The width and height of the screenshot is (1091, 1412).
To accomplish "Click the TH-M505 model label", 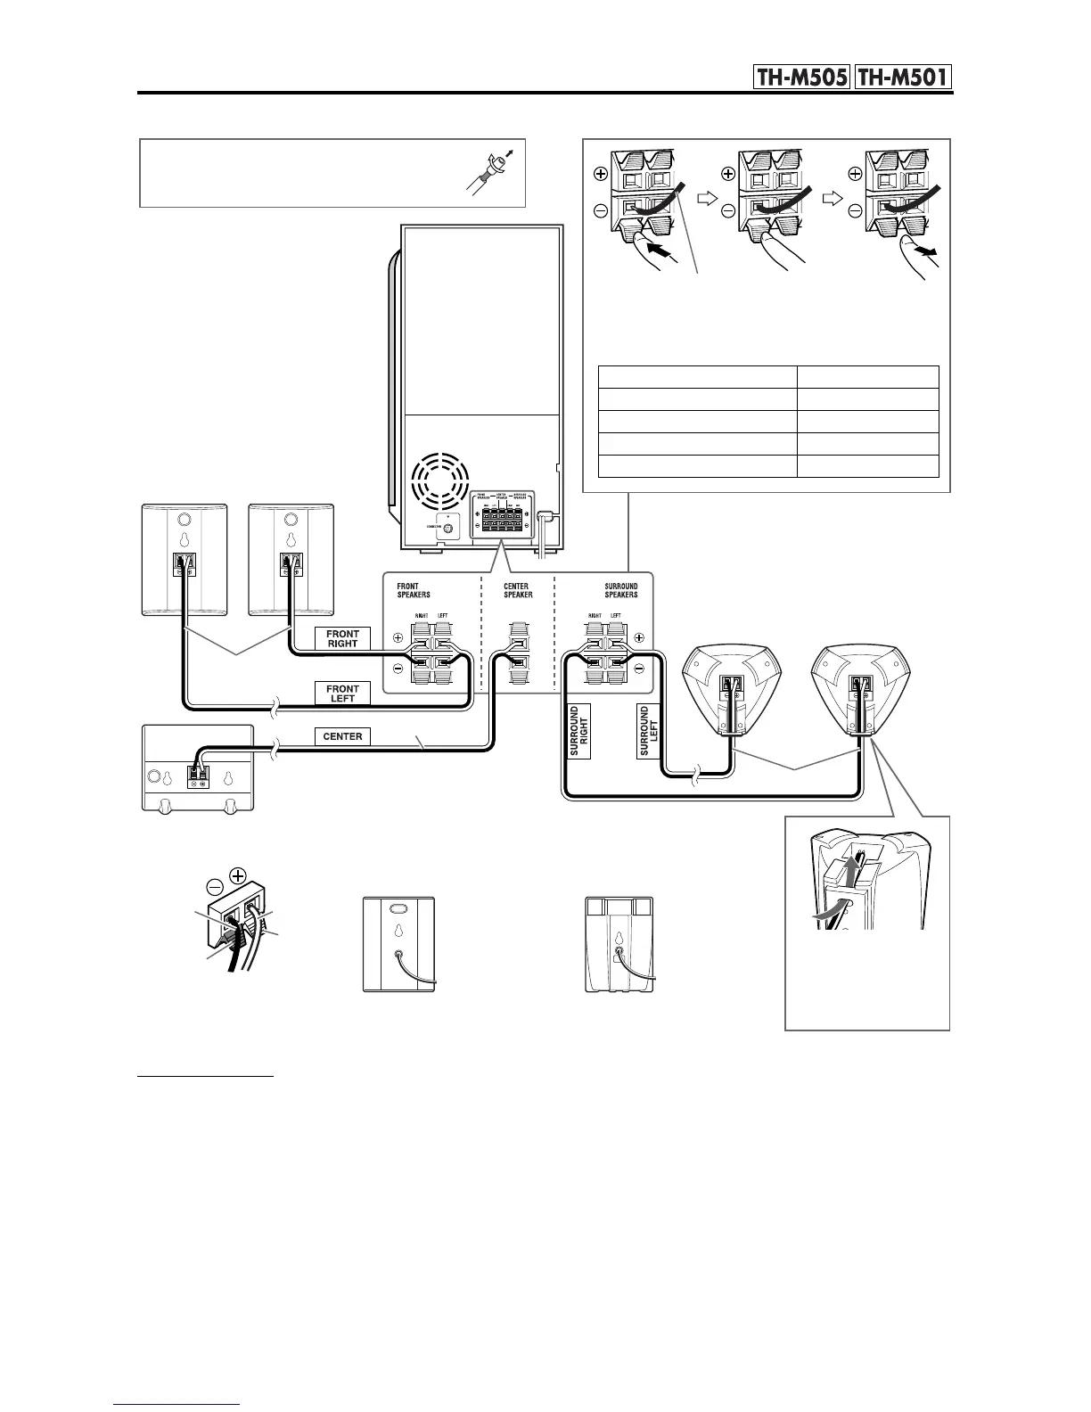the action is tap(800, 78).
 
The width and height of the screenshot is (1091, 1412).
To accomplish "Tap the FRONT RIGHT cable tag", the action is tap(342, 638).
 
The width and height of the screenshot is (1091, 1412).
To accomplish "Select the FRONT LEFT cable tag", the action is tap(342, 693).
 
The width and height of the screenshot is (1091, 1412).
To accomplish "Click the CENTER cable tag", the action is tap(341, 736).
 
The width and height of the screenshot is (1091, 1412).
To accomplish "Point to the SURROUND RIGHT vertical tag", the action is tap(578, 732).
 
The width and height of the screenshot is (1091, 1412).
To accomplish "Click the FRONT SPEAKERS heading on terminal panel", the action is tap(414, 590).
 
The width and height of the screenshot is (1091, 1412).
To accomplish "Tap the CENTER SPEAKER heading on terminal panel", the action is tap(518, 590).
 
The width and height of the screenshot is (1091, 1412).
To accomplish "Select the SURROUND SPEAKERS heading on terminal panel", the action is tap(620, 590).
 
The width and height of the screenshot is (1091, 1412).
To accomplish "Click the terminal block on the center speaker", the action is tap(198, 776).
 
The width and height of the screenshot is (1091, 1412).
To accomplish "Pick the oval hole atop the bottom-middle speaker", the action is tap(398, 910).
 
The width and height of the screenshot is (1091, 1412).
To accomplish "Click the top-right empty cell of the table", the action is tap(867, 376).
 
